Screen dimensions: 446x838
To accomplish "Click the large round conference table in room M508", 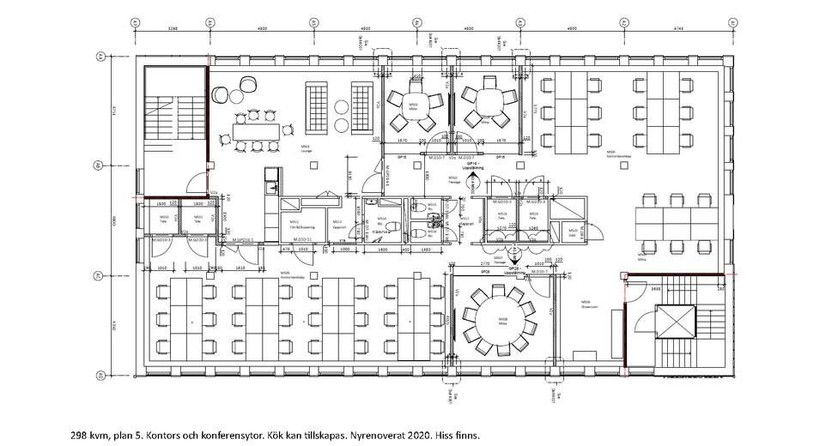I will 502,321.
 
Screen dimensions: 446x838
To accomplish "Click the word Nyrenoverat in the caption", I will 355,435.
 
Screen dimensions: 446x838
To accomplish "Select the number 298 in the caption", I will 80,435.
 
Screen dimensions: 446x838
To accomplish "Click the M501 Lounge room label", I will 305,148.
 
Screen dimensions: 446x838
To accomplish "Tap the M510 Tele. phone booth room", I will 164,219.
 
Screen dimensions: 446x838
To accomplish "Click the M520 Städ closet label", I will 574,231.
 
